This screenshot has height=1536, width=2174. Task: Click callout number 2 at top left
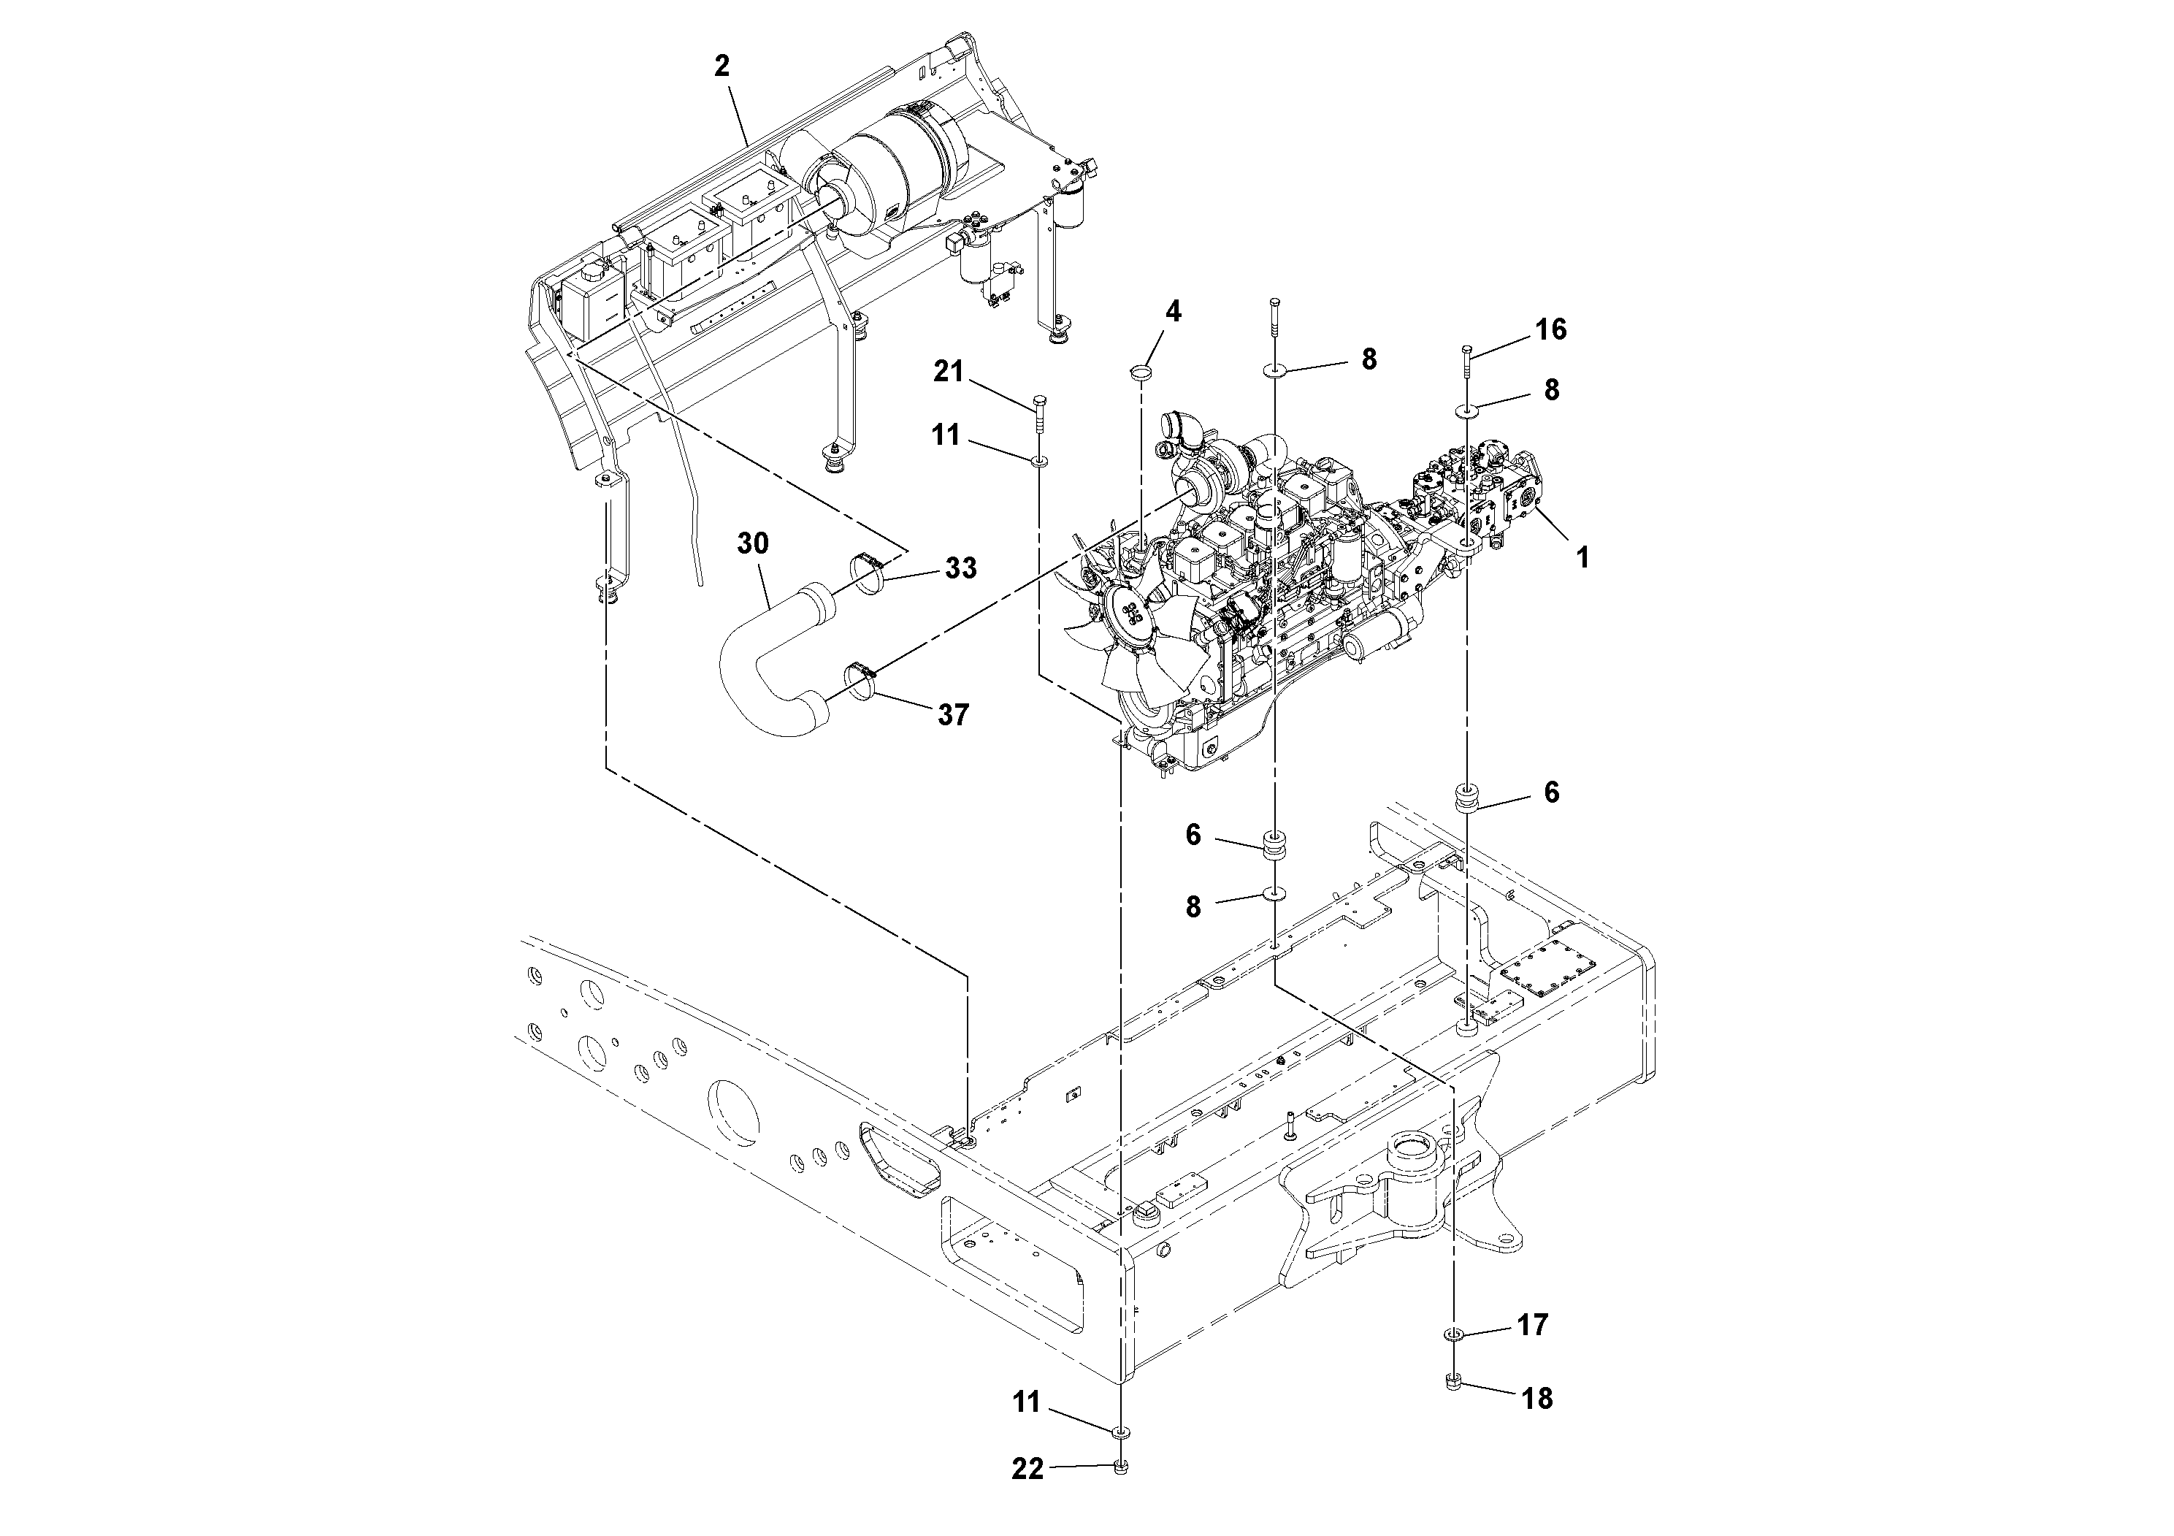tap(722, 66)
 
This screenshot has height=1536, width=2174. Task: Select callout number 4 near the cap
tap(1173, 312)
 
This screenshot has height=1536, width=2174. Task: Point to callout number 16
tap(1551, 329)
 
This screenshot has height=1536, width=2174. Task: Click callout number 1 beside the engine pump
tap(1581, 557)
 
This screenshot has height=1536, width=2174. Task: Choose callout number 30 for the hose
tap(754, 543)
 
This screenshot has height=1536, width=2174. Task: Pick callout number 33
tap(960, 568)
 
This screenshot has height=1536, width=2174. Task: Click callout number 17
tap(1532, 1325)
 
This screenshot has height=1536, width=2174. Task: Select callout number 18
tap(1536, 1398)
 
